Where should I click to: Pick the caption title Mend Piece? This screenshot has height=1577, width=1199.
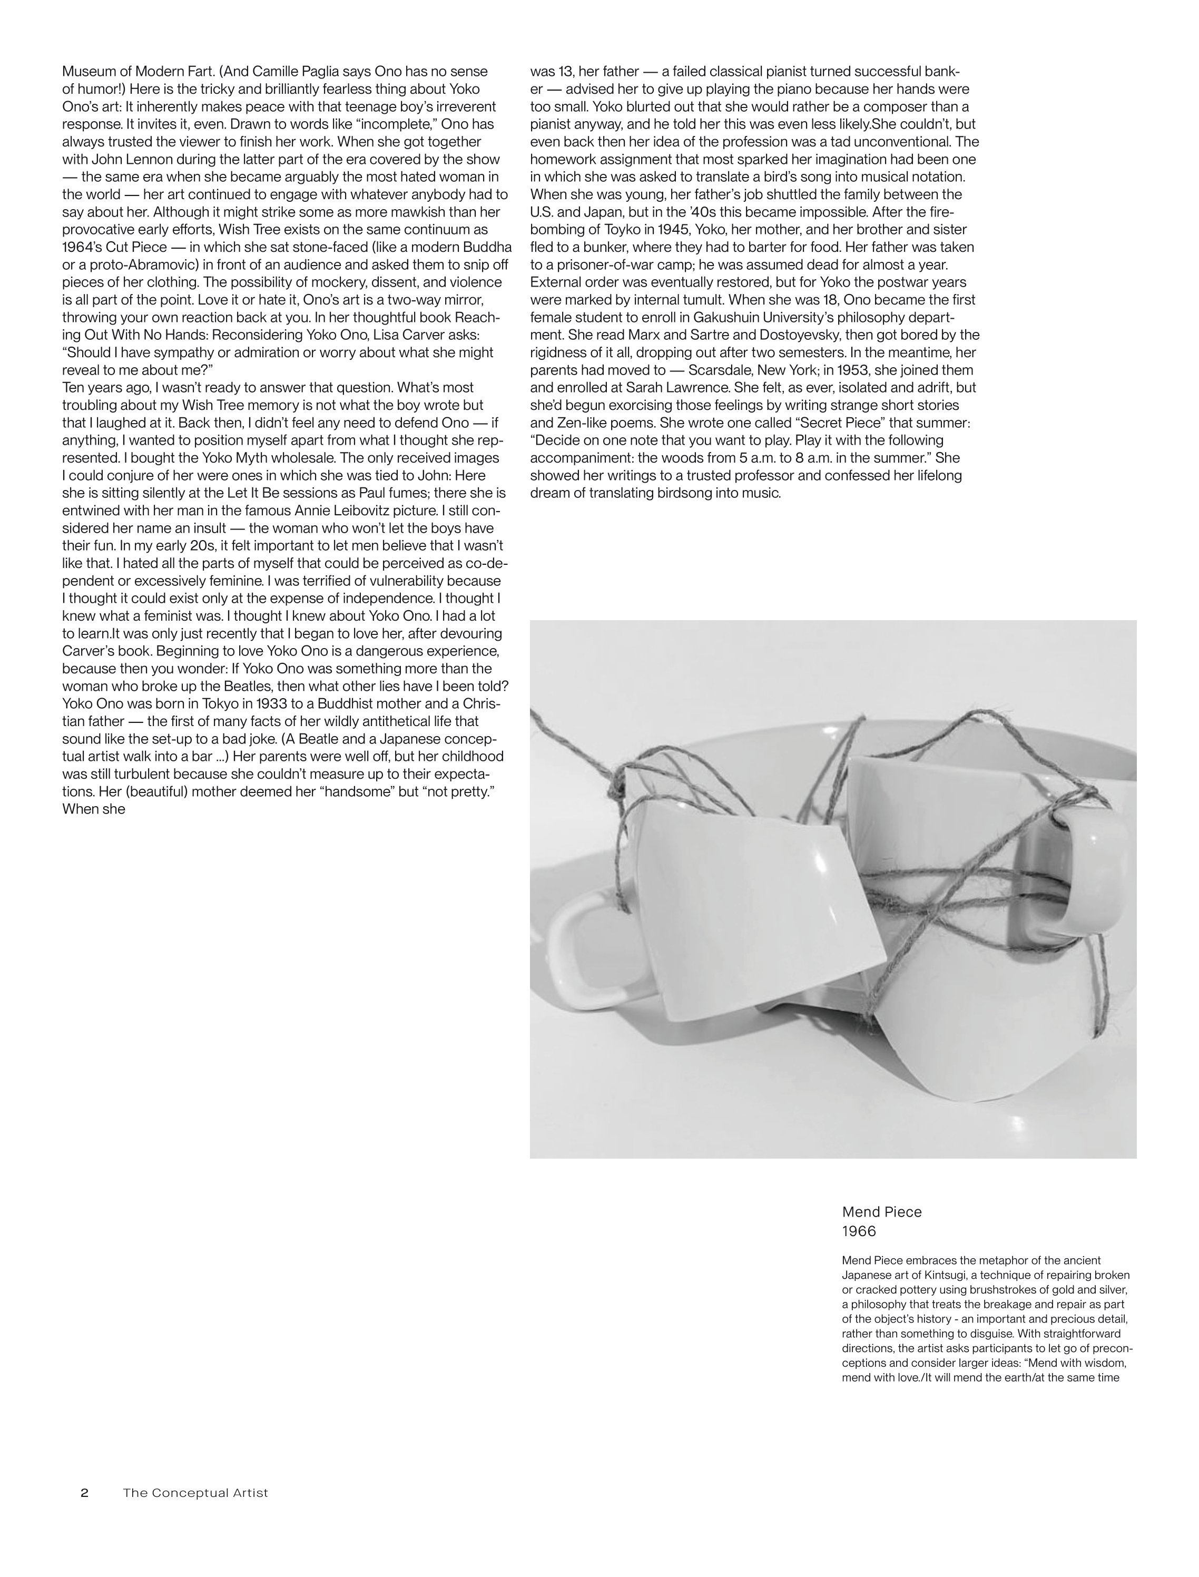coord(881,1211)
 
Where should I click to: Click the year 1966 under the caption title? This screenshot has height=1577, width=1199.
coord(859,1231)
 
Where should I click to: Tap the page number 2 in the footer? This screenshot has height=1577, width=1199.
coord(84,1493)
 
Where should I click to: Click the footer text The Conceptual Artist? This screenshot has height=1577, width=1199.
coord(195,1493)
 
